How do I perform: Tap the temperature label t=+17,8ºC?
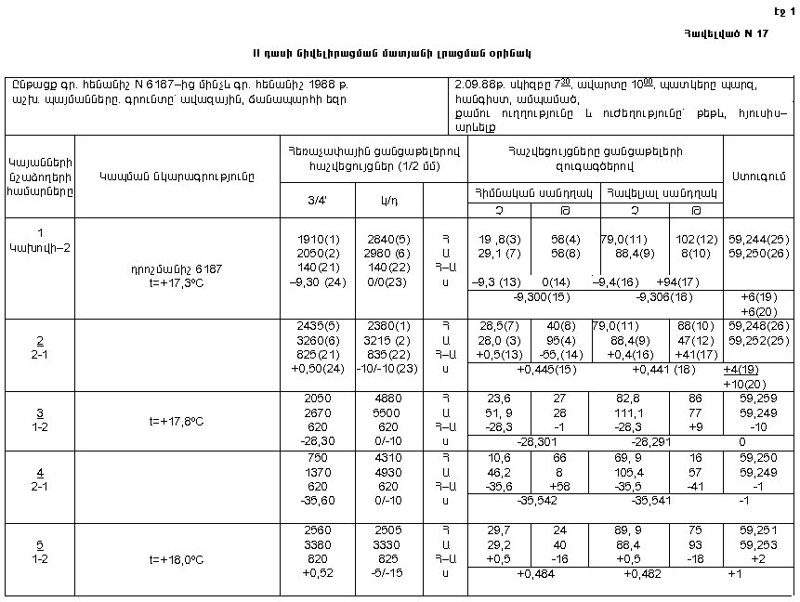coord(177,419)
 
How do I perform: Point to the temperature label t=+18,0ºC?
coord(177,560)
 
